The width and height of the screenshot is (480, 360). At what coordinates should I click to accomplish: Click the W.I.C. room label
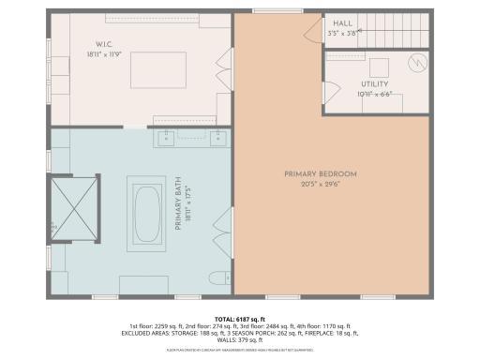point(103,44)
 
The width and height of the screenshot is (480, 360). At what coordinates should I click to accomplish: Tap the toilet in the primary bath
point(217,277)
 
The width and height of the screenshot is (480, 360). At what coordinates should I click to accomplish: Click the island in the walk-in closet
point(152,69)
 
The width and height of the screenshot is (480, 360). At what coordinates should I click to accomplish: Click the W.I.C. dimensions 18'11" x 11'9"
point(103,53)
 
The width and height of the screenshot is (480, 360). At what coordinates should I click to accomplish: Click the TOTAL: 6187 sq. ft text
point(240,318)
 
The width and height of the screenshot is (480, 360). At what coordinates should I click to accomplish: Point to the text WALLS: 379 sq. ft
point(239,340)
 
